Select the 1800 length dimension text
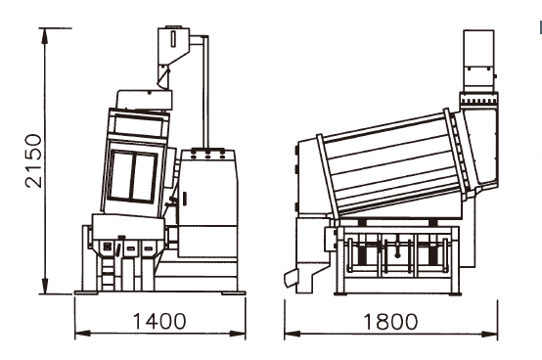tap(389, 321)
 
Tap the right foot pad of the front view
tap(233, 291)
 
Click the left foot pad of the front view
tap(88, 290)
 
